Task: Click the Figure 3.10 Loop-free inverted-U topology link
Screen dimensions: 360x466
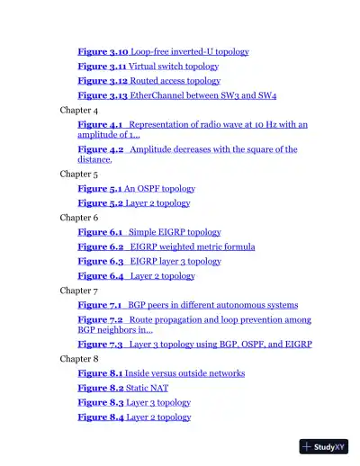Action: click(x=163, y=52)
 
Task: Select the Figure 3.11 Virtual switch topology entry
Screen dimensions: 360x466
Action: click(x=148, y=67)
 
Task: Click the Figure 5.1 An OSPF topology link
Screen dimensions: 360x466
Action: click(x=136, y=189)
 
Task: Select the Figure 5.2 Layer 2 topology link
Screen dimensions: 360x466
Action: click(x=133, y=203)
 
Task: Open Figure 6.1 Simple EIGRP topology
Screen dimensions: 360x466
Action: click(x=148, y=232)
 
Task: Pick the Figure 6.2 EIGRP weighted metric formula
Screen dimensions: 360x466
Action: click(x=166, y=246)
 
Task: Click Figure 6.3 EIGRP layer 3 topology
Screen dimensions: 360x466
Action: click(x=148, y=261)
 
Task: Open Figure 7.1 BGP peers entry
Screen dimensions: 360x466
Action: click(x=187, y=305)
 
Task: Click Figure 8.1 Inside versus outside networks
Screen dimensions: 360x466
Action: click(x=160, y=373)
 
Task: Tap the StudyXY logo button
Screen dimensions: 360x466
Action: click(x=324, y=446)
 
